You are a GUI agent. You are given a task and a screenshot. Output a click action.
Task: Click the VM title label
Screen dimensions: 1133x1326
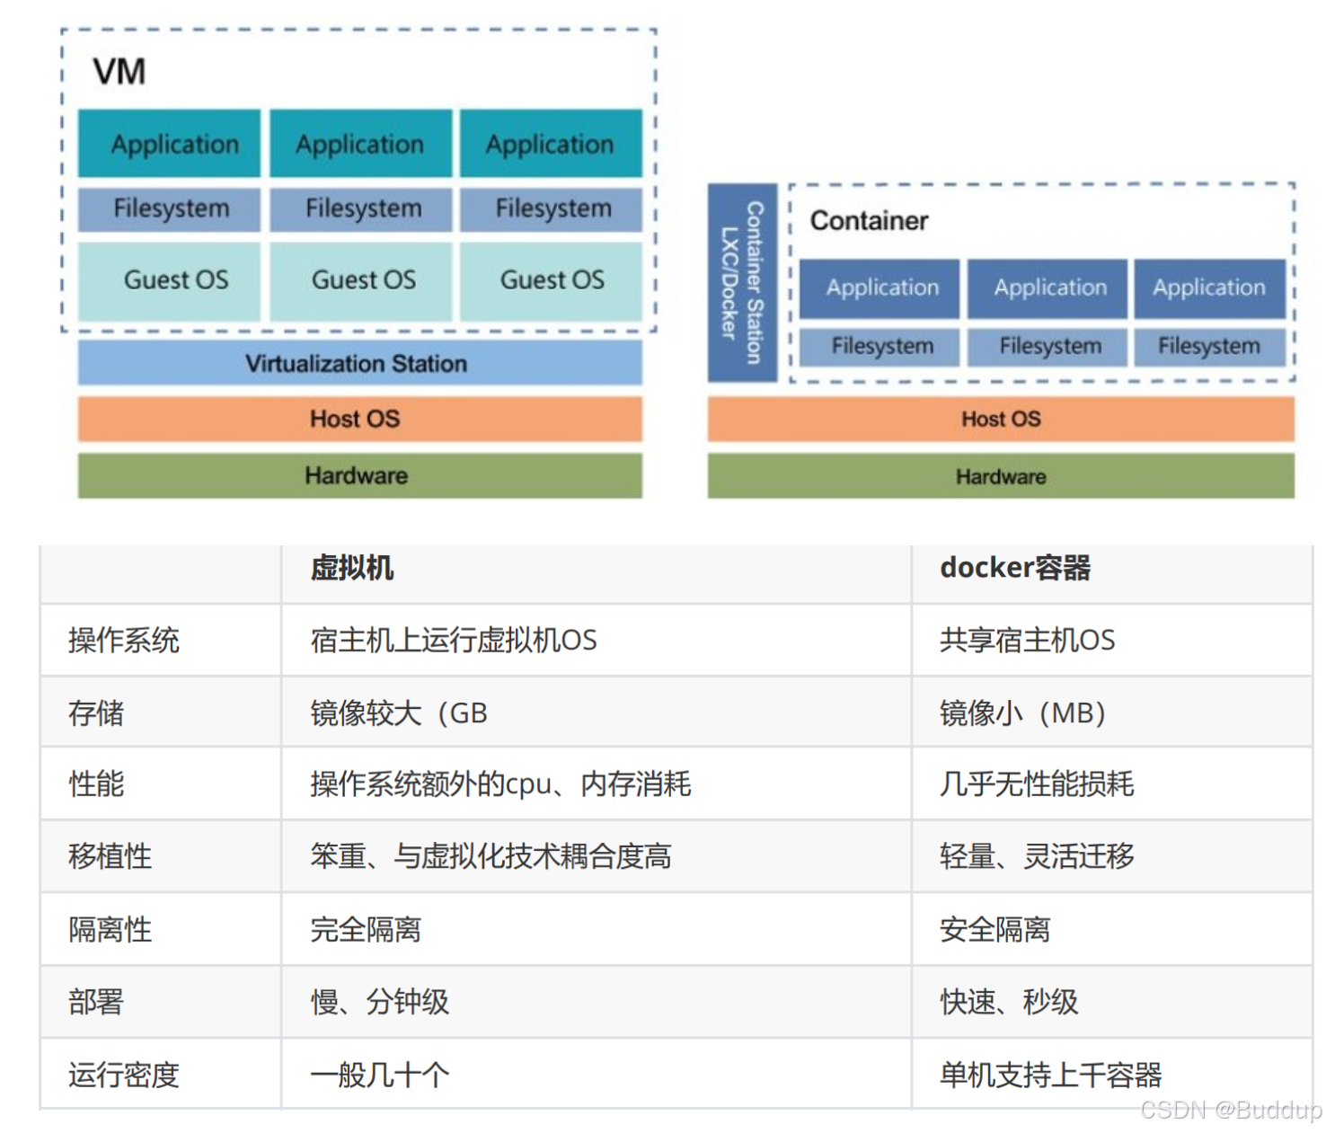pyautogui.click(x=119, y=71)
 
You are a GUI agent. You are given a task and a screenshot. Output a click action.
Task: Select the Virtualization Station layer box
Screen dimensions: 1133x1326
pyautogui.click(x=359, y=363)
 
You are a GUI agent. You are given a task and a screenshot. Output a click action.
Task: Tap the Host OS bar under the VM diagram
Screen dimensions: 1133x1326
pyautogui.click(x=359, y=419)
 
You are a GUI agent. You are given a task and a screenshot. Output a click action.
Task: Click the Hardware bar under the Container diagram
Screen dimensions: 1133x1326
pyautogui.click(x=1000, y=476)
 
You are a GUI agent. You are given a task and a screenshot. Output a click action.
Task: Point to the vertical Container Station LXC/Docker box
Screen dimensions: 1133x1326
pyautogui.click(x=741, y=283)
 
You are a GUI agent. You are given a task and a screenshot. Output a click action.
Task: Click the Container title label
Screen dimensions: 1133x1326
pyautogui.click(x=869, y=221)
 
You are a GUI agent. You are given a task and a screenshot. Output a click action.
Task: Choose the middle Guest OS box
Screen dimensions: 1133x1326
pyautogui.click(x=363, y=280)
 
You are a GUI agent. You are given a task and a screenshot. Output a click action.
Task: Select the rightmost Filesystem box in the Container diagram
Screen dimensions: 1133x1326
pyautogui.click(x=1208, y=346)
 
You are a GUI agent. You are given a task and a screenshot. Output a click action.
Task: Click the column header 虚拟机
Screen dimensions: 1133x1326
pyautogui.click(x=351, y=568)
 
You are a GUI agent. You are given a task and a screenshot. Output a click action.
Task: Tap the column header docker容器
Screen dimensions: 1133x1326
pyautogui.click(x=1014, y=568)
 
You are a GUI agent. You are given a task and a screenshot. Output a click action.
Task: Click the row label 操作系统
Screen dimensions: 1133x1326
pyautogui.click(x=123, y=641)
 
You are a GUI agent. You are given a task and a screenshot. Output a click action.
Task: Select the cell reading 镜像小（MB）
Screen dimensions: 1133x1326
pyautogui.click(x=1022, y=713)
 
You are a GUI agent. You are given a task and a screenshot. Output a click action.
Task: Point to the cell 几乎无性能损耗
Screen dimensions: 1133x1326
pyautogui.click(x=1036, y=784)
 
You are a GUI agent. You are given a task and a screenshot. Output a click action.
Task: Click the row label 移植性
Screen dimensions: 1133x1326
pyautogui.click(x=110, y=856)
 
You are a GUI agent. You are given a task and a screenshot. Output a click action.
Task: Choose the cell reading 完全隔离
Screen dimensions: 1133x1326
pyautogui.click(x=366, y=929)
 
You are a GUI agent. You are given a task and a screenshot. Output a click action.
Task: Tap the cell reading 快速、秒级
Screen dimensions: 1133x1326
pyautogui.click(x=1008, y=1002)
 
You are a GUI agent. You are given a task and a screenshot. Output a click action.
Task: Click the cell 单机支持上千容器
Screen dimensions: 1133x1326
pyautogui.click(x=1050, y=1075)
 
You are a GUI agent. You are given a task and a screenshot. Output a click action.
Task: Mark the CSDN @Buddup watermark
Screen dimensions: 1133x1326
pyautogui.click(x=1230, y=1111)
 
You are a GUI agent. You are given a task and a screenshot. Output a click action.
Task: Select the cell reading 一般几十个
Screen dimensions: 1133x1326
pyautogui.click(x=379, y=1075)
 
